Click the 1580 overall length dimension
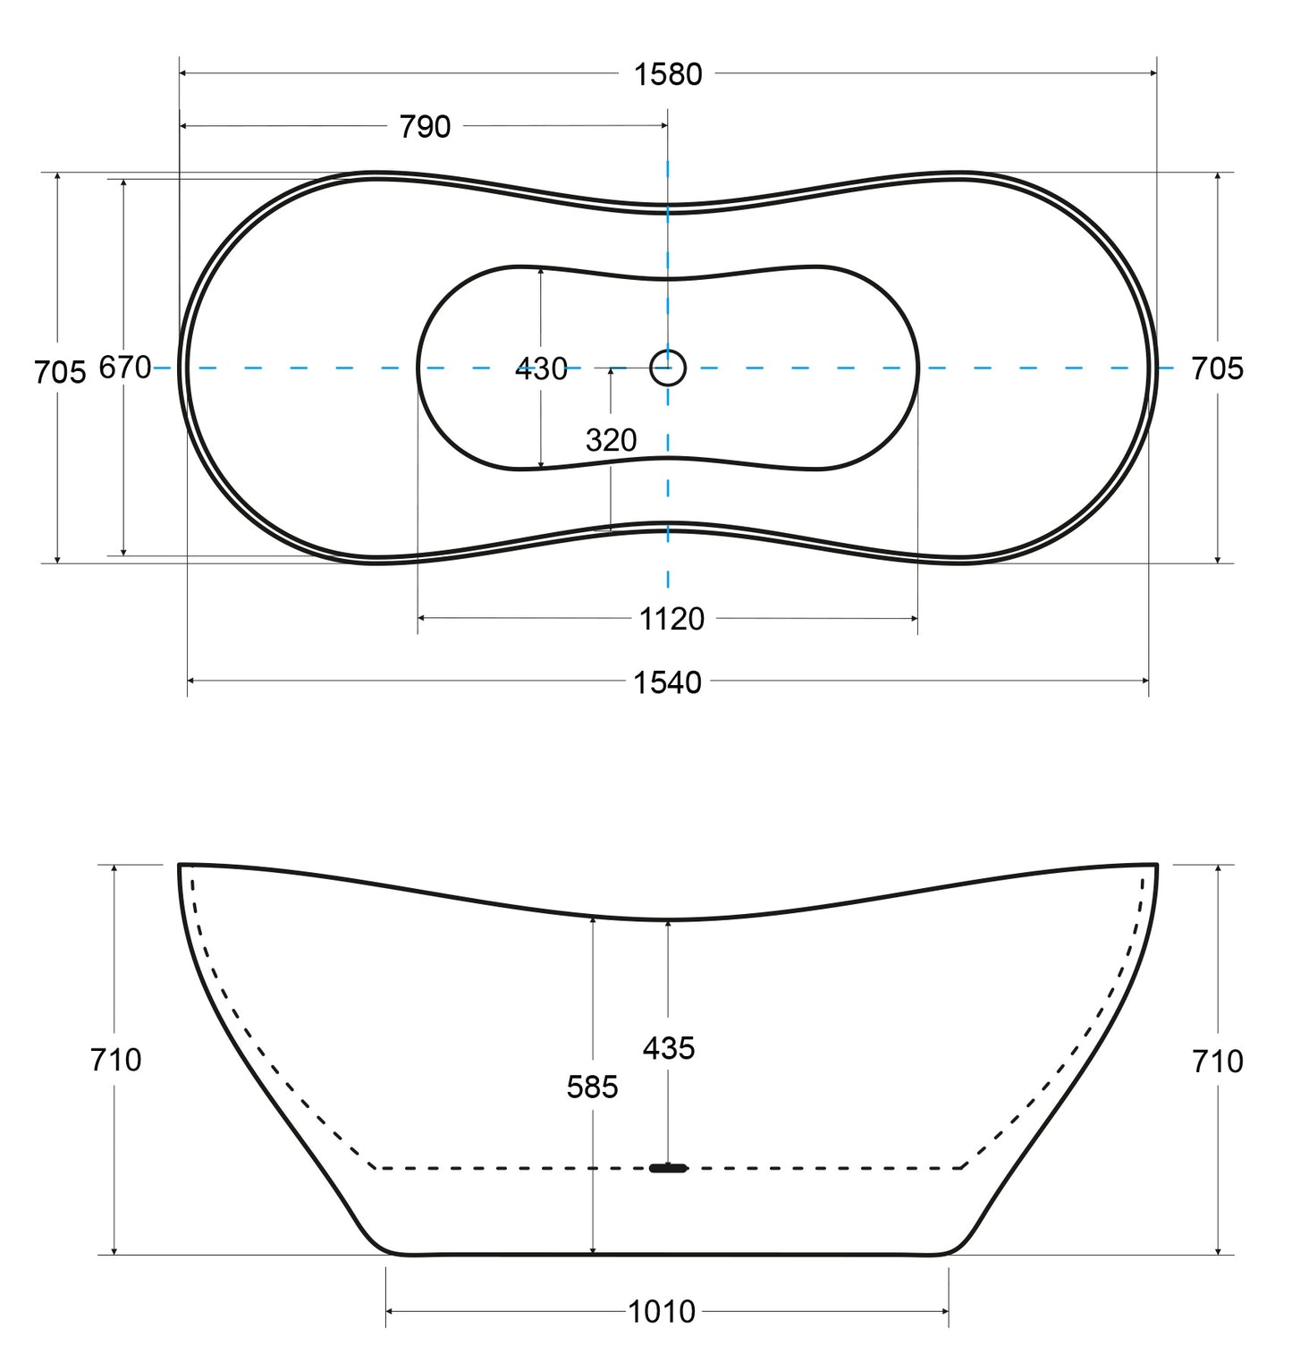668,74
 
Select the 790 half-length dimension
425,127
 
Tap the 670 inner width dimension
124,368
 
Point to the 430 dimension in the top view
541,368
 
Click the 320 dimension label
612,440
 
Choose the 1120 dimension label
671,619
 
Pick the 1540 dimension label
667,682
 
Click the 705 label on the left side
60,372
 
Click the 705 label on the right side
1217,368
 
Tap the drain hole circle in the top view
668,368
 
